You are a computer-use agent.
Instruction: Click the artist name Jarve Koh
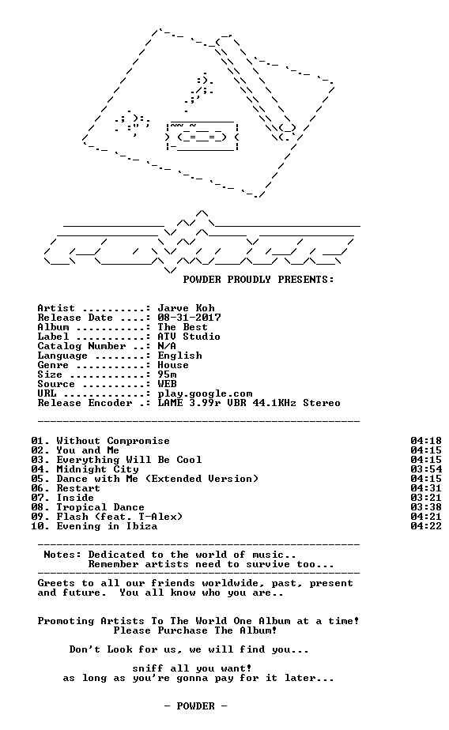point(186,308)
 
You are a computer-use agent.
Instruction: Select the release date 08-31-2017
point(189,318)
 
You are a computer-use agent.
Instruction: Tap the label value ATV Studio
point(189,337)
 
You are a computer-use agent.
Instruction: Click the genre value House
point(173,365)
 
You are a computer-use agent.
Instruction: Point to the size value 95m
point(167,374)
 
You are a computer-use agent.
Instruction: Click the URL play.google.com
point(205,394)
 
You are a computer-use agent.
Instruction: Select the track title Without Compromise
point(113,442)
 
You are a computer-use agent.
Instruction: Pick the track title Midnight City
point(97,470)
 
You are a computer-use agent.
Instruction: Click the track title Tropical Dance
point(100,507)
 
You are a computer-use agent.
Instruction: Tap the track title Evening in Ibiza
point(107,526)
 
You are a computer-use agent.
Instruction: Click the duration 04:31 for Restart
point(426,488)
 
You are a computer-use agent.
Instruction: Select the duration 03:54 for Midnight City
point(426,469)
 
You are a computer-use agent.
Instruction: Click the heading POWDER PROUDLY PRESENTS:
point(258,280)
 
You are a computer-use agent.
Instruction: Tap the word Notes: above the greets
point(62,555)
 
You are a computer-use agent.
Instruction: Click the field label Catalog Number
point(82,346)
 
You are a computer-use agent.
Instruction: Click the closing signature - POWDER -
point(195,706)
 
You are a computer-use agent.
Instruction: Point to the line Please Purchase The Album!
point(195,630)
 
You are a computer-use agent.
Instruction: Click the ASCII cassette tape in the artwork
point(202,136)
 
